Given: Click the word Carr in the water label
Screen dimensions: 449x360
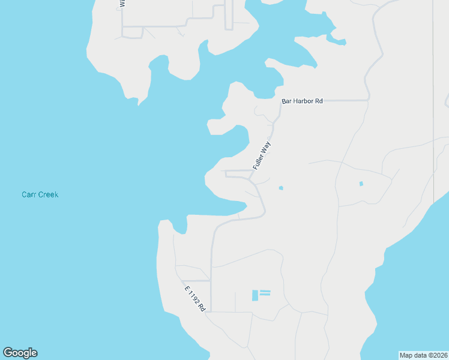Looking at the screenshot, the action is [x=30, y=195].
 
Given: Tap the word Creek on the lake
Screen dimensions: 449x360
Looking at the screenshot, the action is [x=49, y=195].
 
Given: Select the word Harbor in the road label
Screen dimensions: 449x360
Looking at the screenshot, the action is [x=303, y=101].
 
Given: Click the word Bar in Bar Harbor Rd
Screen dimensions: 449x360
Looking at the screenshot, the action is [x=287, y=101].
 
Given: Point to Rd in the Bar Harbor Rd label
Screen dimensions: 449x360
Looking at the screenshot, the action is [x=319, y=101].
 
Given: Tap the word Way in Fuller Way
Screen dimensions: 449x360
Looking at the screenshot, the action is [x=267, y=146].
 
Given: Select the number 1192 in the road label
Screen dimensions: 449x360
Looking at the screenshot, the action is [x=195, y=298].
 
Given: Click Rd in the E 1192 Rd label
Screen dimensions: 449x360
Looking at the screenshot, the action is [x=203, y=307].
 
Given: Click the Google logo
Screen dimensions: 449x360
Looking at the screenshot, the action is [x=20, y=353].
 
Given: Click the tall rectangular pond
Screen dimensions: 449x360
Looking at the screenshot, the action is [x=255, y=295].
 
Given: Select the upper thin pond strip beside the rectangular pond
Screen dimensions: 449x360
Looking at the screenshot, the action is [x=265, y=292].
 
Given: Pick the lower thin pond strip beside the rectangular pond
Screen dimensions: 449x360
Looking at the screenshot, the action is [x=265, y=295].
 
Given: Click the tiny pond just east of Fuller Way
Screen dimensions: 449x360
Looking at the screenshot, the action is [x=281, y=188].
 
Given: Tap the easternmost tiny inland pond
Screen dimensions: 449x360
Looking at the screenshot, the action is [x=361, y=184].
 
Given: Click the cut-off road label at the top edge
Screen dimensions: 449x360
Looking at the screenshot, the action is [x=122, y=3].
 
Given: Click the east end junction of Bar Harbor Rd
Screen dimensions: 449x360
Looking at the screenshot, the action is [x=367, y=100].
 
